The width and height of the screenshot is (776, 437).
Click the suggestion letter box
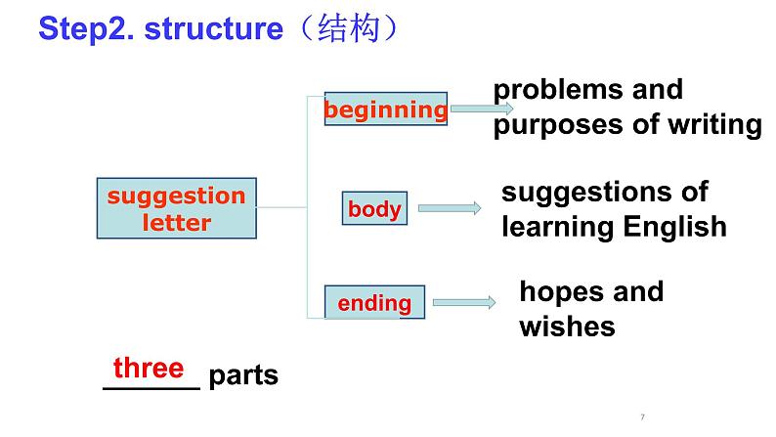point(176,208)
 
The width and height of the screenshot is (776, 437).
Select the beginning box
point(385,110)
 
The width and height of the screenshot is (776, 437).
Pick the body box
point(374,208)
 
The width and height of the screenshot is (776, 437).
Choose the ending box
point(374,303)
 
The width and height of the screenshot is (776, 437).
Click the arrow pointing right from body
point(451,208)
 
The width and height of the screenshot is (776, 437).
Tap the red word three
point(149,368)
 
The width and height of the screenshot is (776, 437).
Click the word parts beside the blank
point(243,375)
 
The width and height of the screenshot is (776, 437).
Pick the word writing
point(711,125)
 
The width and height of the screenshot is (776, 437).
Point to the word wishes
point(567,326)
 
